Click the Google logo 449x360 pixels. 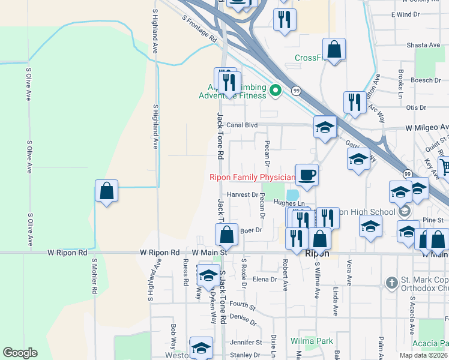(x=20, y=353)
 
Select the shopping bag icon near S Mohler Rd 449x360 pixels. (x=106, y=192)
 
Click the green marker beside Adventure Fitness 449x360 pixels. (x=276, y=91)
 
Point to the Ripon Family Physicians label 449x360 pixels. (x=252, y=178)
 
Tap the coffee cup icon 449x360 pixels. (x=307, y=175)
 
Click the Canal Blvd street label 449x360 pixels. (x=242, y=125)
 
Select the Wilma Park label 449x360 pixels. (x=312, y=341)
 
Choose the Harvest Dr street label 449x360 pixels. (x=243, y=195)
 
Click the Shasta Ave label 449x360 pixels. (x=424, y=45)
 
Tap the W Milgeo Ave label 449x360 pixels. (x=426, y=127)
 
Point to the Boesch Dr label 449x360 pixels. (x=426, y=80)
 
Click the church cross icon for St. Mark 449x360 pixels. (x=391, y=282)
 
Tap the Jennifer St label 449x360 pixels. (x=247, y=342)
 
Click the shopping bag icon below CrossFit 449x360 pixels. (x=334, y=50)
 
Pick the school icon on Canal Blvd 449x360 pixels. (x=325, y=127)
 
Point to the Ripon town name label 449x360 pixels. (x=317, y=254)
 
